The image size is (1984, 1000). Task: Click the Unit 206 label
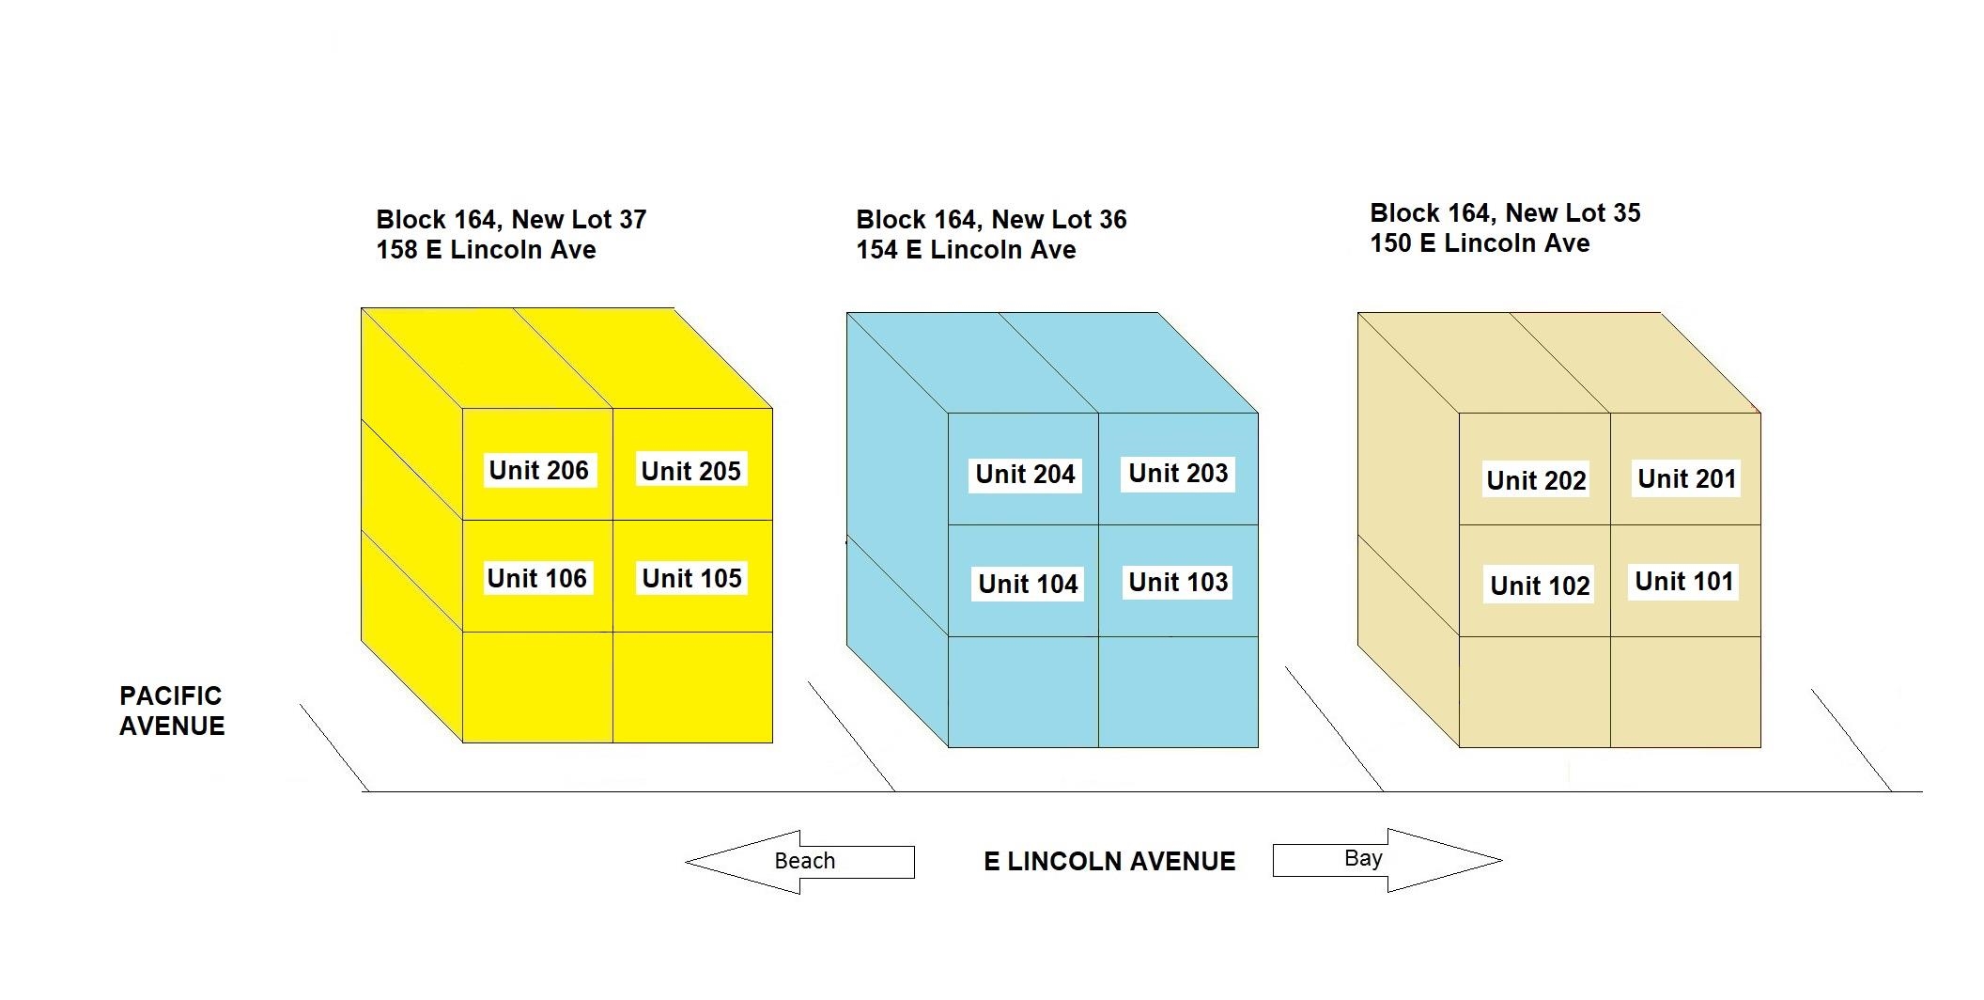tap(538, 470)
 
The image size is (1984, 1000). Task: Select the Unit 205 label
tap(690, 471)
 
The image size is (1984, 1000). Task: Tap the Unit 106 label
tap(536, 578)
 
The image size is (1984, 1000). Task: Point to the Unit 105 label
tap(691, 578)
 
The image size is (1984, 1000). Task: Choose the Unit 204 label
tap(1025, 474)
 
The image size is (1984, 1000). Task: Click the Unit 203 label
tap(1178, 473)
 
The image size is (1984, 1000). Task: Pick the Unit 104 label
tap(1028, 584)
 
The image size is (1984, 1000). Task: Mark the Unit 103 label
tap(1178, 582)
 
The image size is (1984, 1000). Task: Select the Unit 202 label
tap(1536, 480)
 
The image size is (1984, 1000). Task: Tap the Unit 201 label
tap(1686, 478)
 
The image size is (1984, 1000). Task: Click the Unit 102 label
tap(1540, 586)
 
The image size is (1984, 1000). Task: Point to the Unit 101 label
tap(1683, 581)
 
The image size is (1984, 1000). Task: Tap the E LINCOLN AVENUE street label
tap(1109, 861)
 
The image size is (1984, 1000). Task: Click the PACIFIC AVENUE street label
tap(172, 711)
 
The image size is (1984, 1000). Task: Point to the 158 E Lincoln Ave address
tap(486, 250)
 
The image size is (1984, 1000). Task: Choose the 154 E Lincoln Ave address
tap(966, 250)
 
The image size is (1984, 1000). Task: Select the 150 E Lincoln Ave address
tap(1480, 243)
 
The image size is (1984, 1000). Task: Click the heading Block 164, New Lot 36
tap(991, 220)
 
